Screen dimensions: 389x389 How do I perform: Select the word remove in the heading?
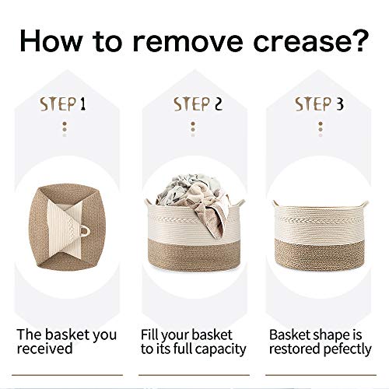pyautogui.click(x=187, y=42)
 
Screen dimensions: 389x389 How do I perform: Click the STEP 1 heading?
pyautogui.click(x=63, y=104)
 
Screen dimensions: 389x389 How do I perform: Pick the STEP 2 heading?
pyautogui.click(x=198, y=104)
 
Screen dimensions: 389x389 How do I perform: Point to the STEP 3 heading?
pyautogui.click(x=319, y=104)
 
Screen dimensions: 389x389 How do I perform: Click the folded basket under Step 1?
pyautogui.click(x=67, y=226)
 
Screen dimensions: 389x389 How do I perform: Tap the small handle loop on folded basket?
pyautogui.click(x=85, y=230)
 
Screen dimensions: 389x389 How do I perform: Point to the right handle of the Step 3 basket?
pyautogui.click(x=364, y=204)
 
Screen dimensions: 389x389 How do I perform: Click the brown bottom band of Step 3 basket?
pyautogui.click(x=319, y=254)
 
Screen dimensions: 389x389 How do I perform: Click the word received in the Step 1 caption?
pyautogui.click(x=44, y=349)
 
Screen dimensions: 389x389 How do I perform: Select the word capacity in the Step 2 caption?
pyautogui.click(x=220, y=349)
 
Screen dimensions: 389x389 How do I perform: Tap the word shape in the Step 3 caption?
pyautogui.click(x=331, y=335)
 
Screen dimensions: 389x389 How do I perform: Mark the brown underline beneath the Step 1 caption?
pyautogui.click(x=67, y=375)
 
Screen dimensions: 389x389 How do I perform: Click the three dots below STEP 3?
pyautogui.click(x=321, y=129)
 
